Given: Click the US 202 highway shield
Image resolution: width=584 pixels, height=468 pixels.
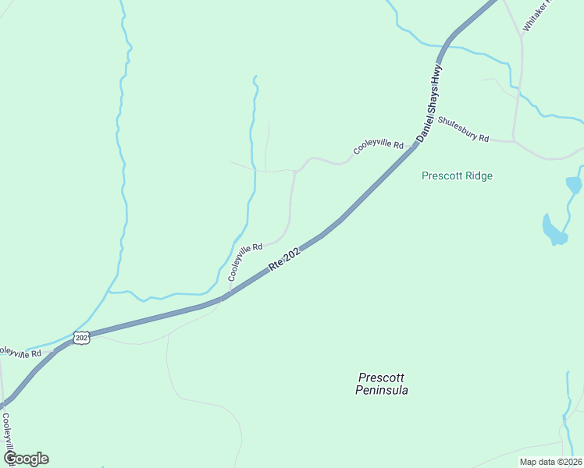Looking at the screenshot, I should point(82,337).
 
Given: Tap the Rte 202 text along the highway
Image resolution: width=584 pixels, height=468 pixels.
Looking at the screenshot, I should point(284,260).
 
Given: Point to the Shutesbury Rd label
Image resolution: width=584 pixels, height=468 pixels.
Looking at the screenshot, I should point(463,129).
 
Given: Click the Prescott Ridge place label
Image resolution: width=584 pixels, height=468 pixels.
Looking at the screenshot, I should point(457,175).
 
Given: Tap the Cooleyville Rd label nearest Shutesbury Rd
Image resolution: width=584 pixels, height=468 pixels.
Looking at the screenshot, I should point(379,146).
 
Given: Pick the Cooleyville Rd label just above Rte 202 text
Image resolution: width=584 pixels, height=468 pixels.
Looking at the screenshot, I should point(244,262).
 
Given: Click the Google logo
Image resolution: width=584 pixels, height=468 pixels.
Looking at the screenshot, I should point(26,459).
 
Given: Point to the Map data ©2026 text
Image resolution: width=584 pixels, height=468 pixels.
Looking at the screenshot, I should point(550,462).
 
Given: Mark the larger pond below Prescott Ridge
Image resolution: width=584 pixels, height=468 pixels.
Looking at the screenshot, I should point(554,231).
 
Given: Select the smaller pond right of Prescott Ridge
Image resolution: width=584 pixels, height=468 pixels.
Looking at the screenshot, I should point(574,185).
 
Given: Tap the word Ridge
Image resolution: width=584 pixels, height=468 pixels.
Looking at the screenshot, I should point(478,175).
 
